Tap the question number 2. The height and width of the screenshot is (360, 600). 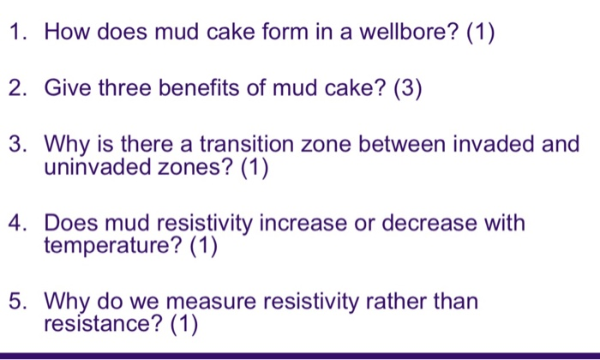18,88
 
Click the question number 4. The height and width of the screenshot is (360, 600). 18,223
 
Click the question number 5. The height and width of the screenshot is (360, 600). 18,302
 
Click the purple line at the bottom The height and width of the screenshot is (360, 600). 300,355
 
